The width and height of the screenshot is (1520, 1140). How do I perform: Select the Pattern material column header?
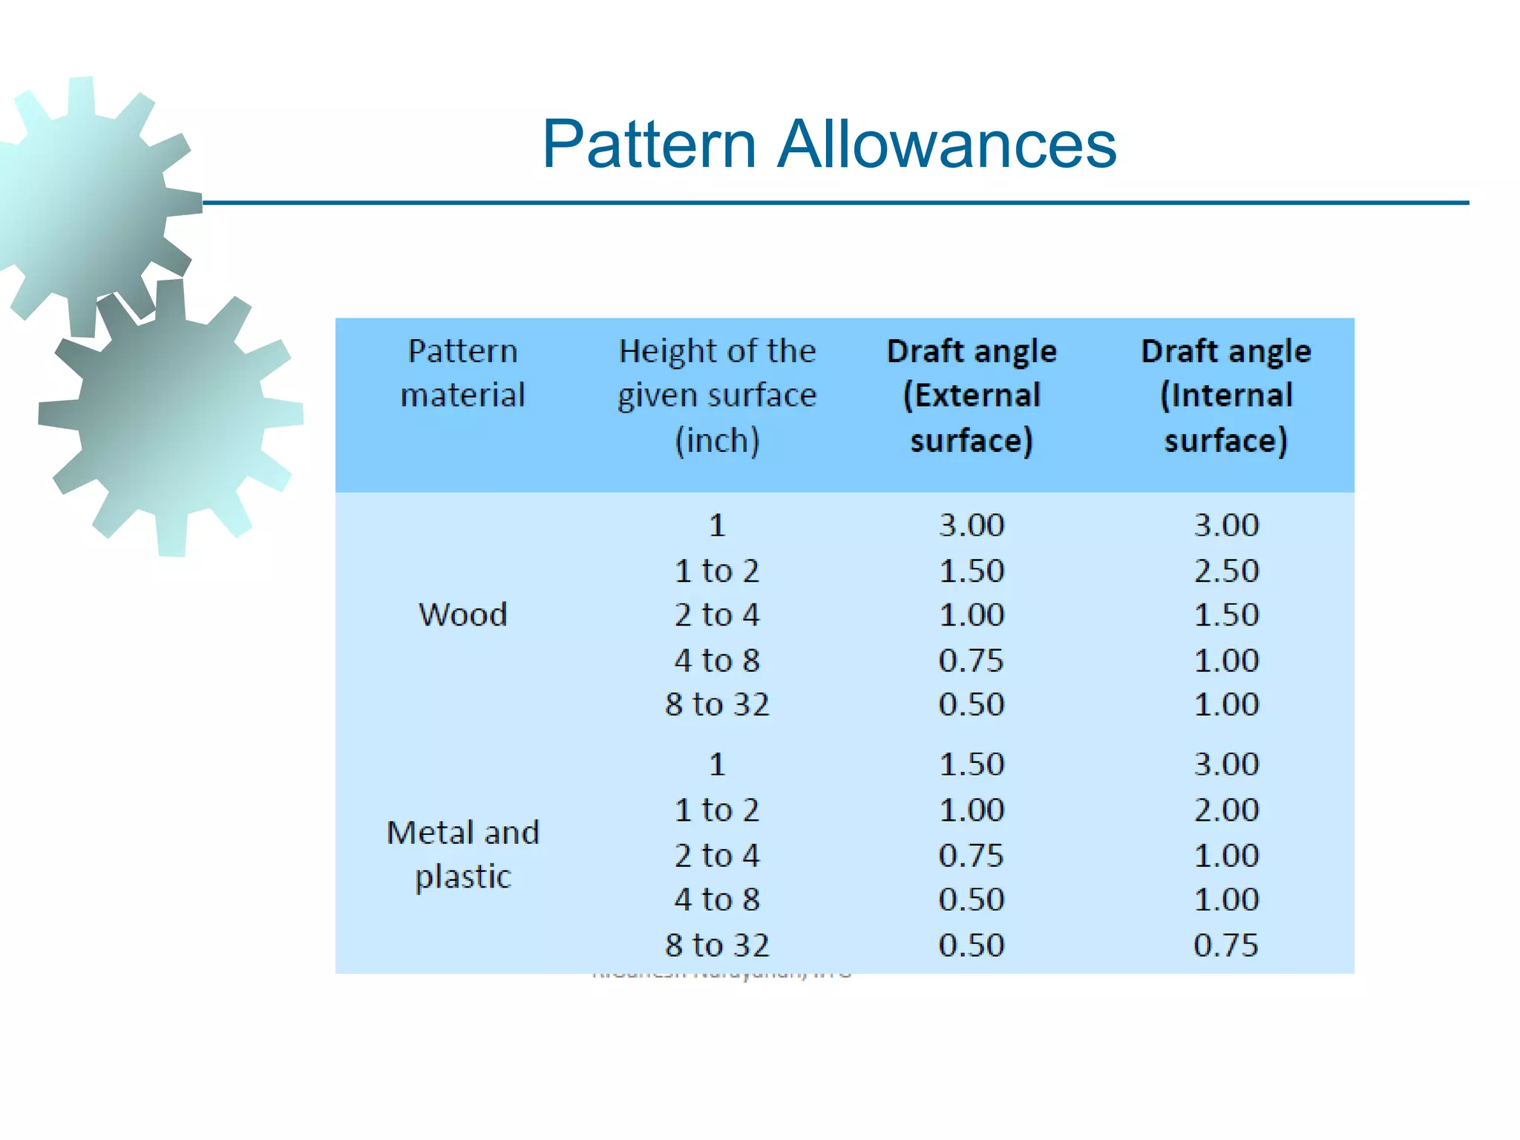462,373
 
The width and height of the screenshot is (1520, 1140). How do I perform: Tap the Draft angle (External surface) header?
972,396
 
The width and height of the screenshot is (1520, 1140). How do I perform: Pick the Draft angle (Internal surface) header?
1226,396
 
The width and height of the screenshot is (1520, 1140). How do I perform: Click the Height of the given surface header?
717,396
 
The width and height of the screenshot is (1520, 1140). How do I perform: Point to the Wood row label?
463,615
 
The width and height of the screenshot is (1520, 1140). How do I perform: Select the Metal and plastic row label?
463,854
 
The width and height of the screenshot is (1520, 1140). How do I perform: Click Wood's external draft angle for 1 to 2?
972,571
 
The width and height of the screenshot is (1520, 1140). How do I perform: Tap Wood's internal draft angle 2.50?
1226,571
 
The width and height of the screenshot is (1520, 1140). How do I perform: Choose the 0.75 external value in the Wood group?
972,660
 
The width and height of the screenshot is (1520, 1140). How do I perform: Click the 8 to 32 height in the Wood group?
717,704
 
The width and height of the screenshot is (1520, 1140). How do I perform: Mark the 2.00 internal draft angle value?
1226,810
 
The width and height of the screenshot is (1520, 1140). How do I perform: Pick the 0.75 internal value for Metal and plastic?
1226,945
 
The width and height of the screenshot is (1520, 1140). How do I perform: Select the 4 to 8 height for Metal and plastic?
717,900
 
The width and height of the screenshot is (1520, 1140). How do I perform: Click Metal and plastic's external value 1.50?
972,764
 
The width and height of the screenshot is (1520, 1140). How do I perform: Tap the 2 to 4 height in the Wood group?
717,615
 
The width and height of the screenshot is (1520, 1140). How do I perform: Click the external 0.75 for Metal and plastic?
972,855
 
